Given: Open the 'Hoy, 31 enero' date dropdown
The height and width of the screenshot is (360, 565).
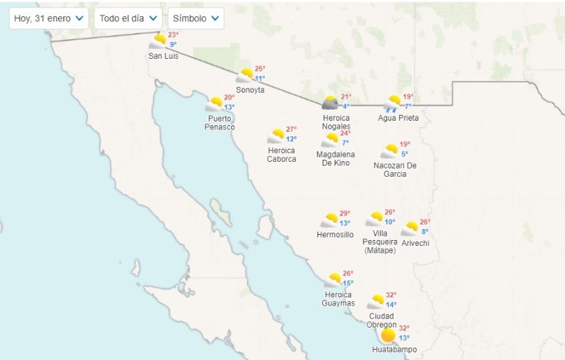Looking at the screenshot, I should click(49, 18).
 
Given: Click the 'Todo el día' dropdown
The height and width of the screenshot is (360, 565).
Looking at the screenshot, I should click(128, 18).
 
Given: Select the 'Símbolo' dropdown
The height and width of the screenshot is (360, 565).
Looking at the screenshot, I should click(196, 18).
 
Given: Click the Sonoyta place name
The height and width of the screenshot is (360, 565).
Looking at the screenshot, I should click(250, 90).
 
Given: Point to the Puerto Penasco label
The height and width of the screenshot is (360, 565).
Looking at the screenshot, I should click(219, 123).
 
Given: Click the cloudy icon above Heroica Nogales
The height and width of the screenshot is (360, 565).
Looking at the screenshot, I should click(330, 103).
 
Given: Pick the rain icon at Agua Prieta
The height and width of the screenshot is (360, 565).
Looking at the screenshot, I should click(393, 104).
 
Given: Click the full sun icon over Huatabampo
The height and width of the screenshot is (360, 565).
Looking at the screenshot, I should click(388, 336).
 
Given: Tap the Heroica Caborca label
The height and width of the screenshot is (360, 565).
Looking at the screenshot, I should click(282, 155).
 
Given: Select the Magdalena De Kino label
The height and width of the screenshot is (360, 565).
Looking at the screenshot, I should click(335, 158).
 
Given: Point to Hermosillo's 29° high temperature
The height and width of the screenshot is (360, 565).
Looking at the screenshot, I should click(344, 213).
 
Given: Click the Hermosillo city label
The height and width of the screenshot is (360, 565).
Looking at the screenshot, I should click(335, 235).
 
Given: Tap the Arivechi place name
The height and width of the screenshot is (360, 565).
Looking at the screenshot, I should click(415, 243).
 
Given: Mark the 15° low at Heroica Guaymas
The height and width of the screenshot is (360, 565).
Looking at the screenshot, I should click(347, 283).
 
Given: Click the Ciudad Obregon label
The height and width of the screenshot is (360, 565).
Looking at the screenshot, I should click(381, 320).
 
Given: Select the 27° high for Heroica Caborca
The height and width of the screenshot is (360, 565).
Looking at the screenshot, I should click(291, 130).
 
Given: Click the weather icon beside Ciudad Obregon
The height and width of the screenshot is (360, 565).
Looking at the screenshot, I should click(376, 302).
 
